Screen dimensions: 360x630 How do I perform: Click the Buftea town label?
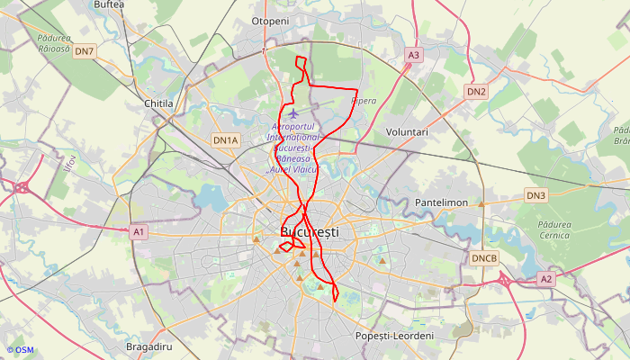pos(109,4)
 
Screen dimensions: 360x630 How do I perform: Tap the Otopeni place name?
pos(270,21)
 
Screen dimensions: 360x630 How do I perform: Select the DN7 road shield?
pos(85,51)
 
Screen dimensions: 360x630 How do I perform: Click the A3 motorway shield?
pos(413,55)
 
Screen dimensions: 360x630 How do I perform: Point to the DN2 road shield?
pos(476,92)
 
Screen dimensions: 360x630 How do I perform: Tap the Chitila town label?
pos(158,103)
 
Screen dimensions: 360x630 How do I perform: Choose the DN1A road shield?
pos(225,140)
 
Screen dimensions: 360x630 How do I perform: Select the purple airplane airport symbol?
pos(293,113)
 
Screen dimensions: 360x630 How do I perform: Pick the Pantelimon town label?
pos(441,202)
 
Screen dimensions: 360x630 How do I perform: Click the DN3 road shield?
pos(536,195)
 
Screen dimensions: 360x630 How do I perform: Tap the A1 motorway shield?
pos(138,232)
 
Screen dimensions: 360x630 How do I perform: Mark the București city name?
pos(310,232)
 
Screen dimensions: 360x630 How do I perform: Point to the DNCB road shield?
pos(484,258)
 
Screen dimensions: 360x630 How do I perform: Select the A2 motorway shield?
pos(546,279)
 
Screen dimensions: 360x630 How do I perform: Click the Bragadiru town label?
pos(149,346)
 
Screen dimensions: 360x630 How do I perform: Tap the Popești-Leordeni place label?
pos(395,336)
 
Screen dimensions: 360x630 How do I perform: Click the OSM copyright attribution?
pos(20,349)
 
